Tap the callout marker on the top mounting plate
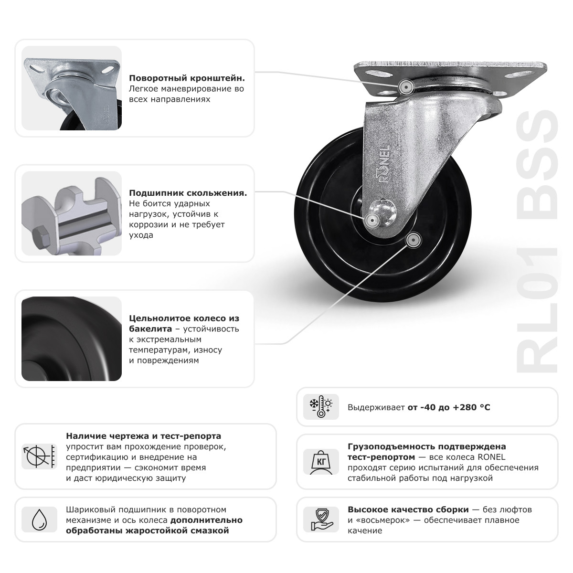(x=406, y=86)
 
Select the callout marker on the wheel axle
(x=371, y=220)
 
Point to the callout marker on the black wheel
(x=413, y=239)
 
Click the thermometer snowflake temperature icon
(x=321, y=407)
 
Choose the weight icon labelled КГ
(x=321, y=462)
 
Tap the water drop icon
(x=39, y=519)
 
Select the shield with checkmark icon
(x=321, y=520)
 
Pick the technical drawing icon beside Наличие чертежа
(x=39, y=456)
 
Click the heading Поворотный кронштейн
(x=187, y=78)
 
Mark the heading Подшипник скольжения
(x=188, y=193)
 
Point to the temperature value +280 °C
(x=471, y=407)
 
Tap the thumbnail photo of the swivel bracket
(x=72, y=88)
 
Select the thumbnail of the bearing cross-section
(x=72, y=213)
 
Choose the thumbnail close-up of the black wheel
(x=72, y=339)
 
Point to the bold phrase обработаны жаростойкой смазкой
(x=148, y=531)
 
